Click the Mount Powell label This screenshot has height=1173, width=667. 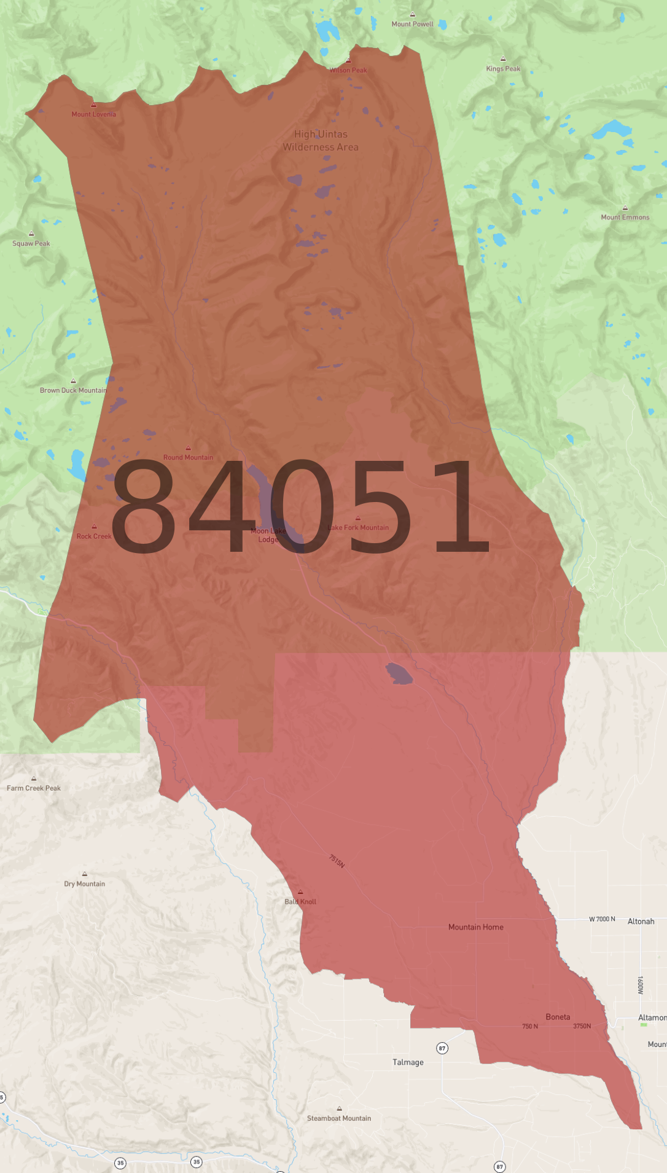pos(412,24)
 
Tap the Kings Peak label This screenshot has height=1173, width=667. pos(503,68)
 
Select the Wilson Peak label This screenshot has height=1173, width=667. pos(348,70)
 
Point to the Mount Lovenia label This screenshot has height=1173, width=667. pos(93,114)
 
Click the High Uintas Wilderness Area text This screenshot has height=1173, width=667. pos(321,141)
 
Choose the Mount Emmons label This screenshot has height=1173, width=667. pos(625,217)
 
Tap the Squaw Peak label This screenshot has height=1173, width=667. pos(31,243)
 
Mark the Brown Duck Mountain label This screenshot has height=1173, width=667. pos(73,390)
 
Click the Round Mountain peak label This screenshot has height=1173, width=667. pos(188,457)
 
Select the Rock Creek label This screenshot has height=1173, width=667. pos(94,536)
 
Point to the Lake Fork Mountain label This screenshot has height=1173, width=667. pos(359,527)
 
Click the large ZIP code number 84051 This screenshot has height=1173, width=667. pos(299,506)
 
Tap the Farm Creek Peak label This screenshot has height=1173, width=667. pos(34,788)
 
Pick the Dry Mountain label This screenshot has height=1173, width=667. pos(85,884)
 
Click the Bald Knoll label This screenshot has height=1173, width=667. pos(300,901)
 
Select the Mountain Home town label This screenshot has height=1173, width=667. pos(475,927)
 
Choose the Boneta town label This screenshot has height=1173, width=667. pos(558,1017)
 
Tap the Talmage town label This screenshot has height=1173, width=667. pos(408,1062)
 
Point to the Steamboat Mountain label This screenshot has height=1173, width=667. pos(339,1118)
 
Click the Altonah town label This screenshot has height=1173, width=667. pos(641,922)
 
